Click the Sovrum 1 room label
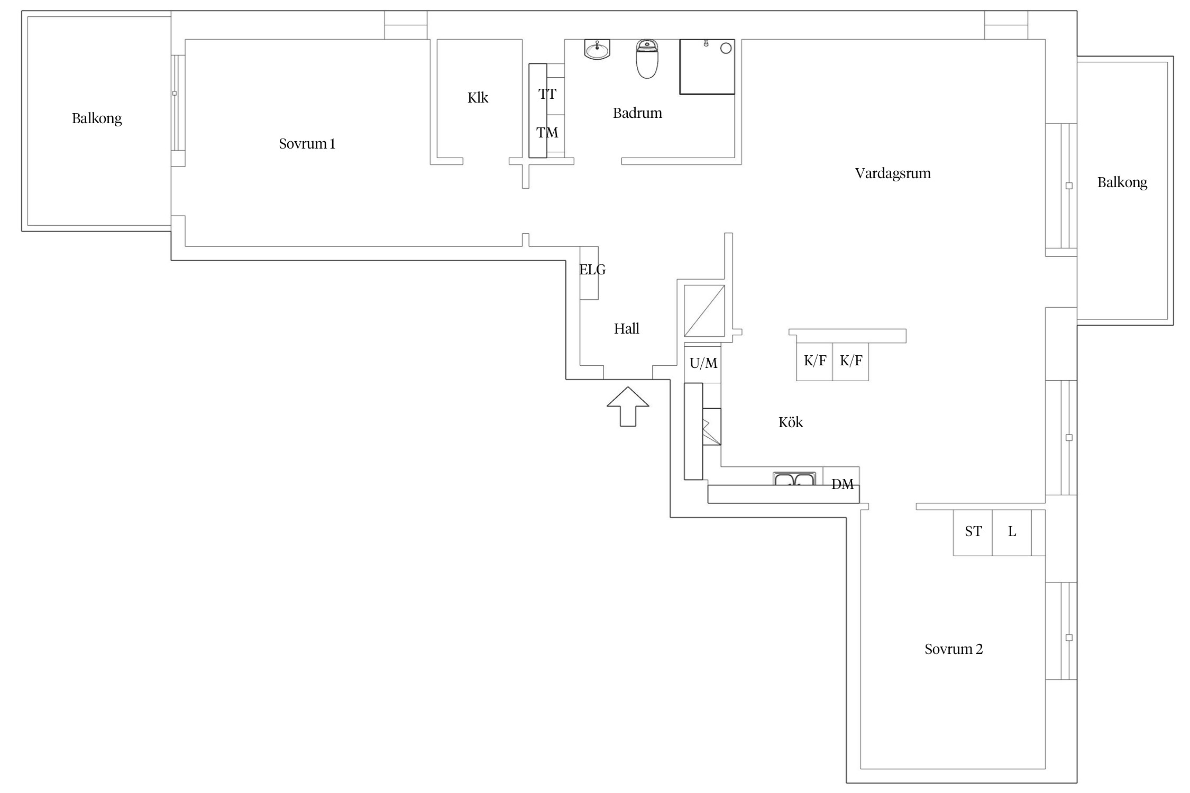point(307,144)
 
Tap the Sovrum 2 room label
point(954,649)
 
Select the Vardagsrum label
point(893,174)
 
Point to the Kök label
point(791,422)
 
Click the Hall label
point(627,329)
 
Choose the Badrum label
point(637,113)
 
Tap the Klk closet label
point(478,98)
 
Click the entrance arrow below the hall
point(628,406)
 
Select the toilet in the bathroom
point(647,59)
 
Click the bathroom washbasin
point(597,49)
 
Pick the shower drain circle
point(726,48)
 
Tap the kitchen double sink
point(794,479)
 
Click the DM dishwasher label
point(843,484)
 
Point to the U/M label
point(703,363)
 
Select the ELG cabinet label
point(592,270)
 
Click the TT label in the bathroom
point(547,95)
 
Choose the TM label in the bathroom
point(547,133)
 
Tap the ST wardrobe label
point(973,531)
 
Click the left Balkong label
point(97,118)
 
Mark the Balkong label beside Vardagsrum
point(1122,183)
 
